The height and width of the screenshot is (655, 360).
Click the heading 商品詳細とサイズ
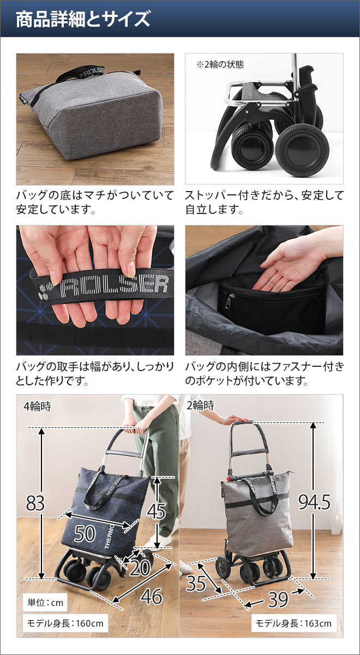click(x=83, y=20)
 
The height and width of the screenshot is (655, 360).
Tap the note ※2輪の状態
click(x=220, y=64)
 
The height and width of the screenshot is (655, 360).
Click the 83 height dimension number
click(x=35, y=503)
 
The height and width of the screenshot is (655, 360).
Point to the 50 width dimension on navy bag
click(x=85, y=533)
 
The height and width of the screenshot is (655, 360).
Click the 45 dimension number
click(x=156, y=511)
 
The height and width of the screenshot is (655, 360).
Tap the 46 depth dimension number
click(x=151, y=597)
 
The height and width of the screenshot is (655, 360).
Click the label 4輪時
click(x=38, y=406)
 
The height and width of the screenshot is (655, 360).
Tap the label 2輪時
click(x=201, y=406)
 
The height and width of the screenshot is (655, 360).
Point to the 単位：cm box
click(x=46, y=603)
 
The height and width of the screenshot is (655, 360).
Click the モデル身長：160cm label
click(x=64, y=623)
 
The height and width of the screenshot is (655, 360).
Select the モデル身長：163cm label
click(x=293, y=623)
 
